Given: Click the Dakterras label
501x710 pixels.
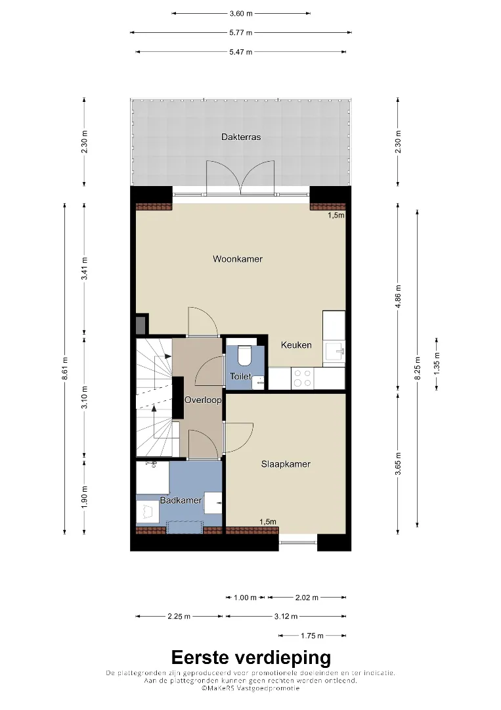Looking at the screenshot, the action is point(240,137).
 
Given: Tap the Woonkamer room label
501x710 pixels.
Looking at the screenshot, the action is point(238,259).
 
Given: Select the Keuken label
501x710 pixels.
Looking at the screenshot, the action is point(296,345).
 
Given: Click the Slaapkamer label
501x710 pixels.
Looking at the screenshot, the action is point(286,464).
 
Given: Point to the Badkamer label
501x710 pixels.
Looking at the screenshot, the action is point(181,500).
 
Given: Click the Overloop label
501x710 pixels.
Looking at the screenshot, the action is point(203,400).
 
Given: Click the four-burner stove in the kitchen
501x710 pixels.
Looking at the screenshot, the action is point(303,378).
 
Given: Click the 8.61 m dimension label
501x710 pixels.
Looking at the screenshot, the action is point(64,369).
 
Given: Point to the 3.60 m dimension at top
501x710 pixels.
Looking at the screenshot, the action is point(241,14).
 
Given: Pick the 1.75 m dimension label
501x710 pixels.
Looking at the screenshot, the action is point(312,636).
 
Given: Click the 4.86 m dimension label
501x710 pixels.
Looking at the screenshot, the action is point(398,296).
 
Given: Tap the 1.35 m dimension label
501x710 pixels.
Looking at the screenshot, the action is point(437,363).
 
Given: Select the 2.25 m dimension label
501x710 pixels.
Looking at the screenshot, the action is point(179,616).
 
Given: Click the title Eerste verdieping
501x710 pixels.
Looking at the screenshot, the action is point(251,657).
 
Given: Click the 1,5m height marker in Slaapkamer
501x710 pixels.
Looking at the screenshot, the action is point(268,521).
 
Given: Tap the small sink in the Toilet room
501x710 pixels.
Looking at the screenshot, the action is point(259,382).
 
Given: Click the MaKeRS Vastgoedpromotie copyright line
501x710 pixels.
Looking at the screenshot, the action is point(251,688).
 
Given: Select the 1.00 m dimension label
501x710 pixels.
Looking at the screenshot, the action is point(245,598).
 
